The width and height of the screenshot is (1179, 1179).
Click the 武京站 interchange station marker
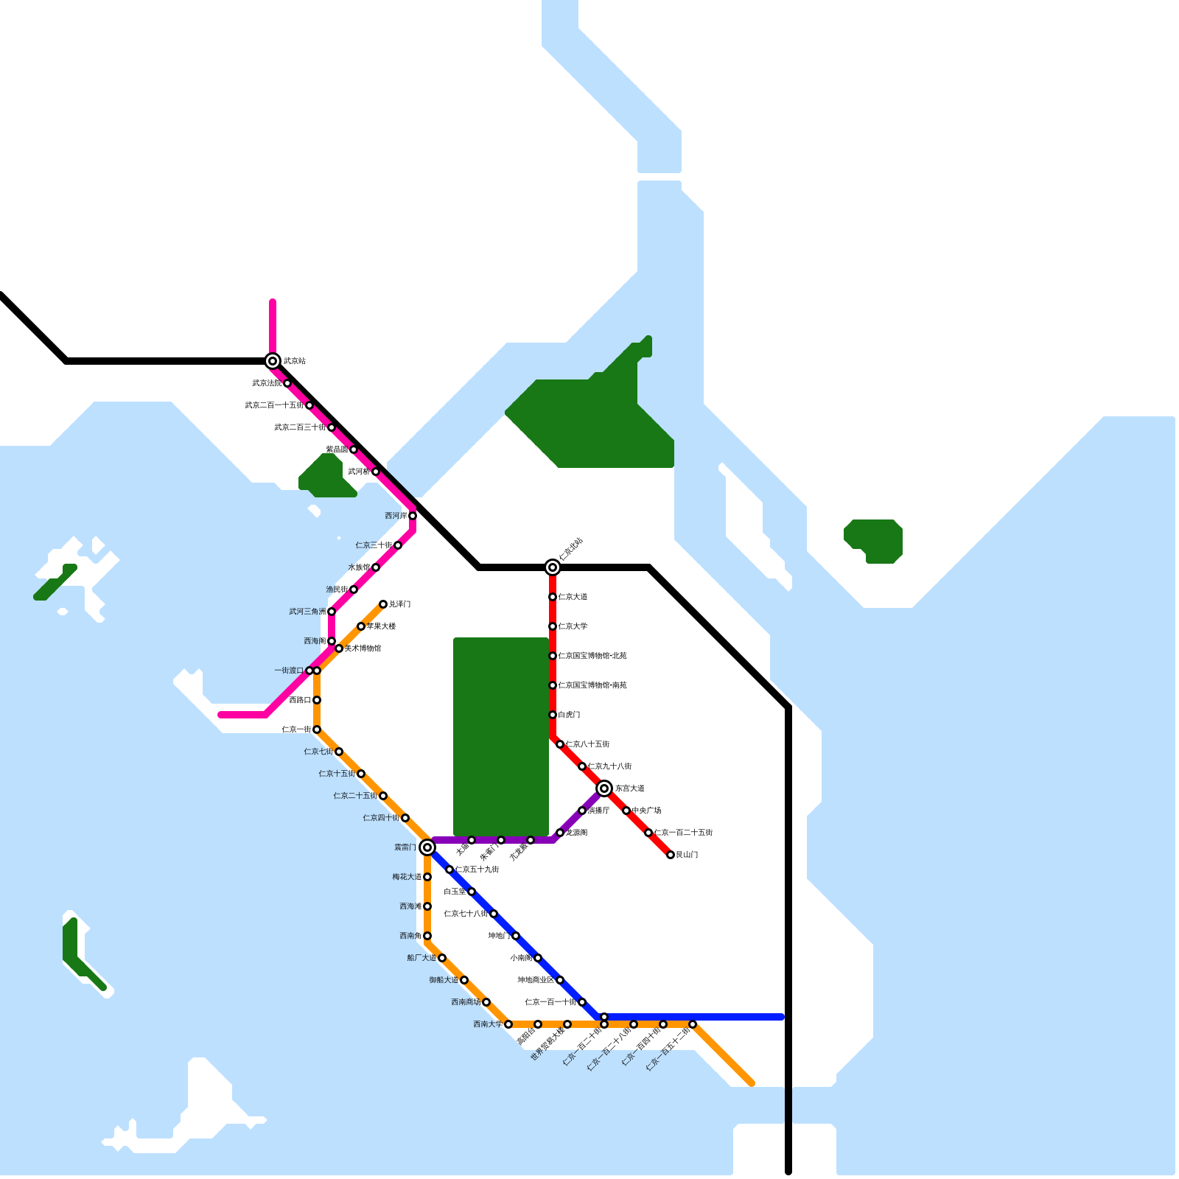273,361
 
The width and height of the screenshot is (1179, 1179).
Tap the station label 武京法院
267,383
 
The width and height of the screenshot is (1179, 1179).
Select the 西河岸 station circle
413,516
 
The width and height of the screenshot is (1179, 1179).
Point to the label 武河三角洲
307,612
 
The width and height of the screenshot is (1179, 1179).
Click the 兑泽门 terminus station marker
383,604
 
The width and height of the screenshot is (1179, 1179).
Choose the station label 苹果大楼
381,626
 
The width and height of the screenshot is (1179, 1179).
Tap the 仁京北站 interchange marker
553,567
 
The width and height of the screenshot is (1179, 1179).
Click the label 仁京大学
573,626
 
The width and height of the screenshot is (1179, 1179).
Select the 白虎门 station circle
553,715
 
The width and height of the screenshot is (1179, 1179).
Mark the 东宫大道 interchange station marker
604,788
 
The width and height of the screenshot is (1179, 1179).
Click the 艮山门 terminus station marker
671,855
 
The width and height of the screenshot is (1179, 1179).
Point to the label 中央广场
646,811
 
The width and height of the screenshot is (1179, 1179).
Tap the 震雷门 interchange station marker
427,847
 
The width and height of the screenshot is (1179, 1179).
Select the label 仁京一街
296,730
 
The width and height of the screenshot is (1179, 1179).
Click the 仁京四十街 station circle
405,818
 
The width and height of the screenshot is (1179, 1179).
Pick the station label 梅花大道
407,877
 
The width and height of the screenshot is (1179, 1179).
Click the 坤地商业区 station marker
560,980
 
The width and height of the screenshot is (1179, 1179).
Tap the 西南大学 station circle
508,1024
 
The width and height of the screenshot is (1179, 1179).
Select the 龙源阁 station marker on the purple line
560,833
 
